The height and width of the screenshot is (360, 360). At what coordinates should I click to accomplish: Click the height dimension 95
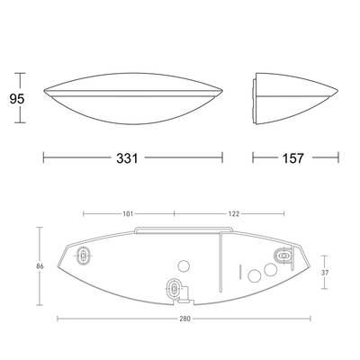click(17, 99)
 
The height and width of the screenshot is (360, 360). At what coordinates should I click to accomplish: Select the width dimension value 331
click(127, 158)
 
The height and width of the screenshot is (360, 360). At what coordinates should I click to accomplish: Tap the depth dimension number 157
click(292, 158)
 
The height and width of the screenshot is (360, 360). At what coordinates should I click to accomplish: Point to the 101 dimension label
click(128, 214)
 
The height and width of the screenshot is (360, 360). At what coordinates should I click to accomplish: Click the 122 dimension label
click(234, 214)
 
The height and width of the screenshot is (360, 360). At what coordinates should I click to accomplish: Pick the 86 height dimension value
click(40, 266)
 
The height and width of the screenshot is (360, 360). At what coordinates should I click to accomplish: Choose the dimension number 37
click(325, 273)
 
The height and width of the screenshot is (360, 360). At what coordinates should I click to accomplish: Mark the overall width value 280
click(185, 319)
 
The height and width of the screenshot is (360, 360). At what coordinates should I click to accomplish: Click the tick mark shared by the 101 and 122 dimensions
click(175, 214)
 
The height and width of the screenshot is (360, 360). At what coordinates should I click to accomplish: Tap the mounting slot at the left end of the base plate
click(83, 256)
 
